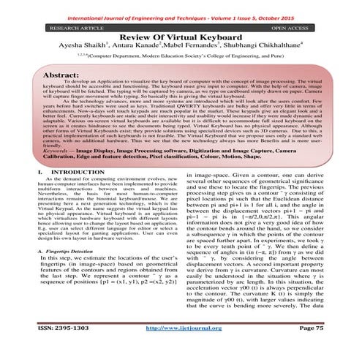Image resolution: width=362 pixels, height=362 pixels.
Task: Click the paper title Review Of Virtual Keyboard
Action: point(181,38)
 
